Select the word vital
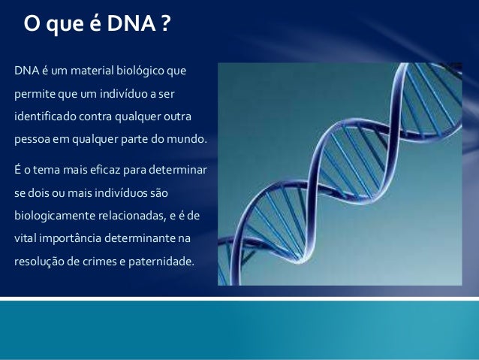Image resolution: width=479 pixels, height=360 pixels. (25, 239)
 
